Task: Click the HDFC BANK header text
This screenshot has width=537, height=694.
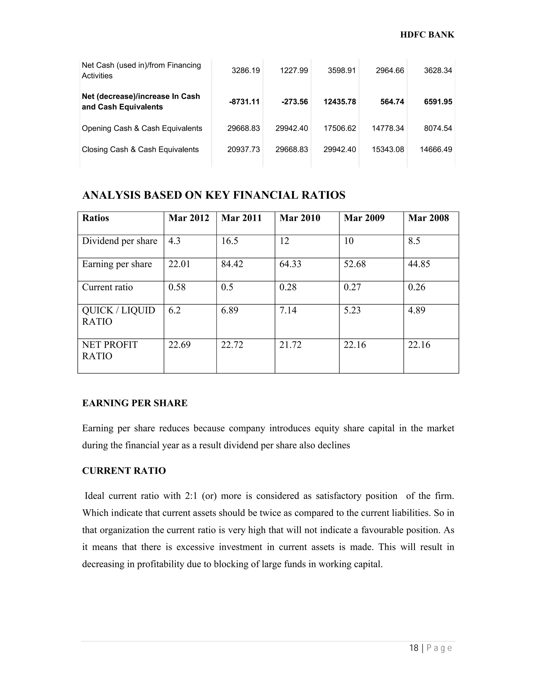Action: click(x=427, y=35)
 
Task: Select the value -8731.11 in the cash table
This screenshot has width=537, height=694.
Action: click(x=244, y=102)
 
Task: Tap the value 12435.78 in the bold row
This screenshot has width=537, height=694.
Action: click(x=340, y=102)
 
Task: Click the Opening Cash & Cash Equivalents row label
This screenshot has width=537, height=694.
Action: click(x=142, y=128)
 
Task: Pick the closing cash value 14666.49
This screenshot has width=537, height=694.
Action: click(x=436, y=149)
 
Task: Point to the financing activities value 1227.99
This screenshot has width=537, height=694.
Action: click(x=294, y=70)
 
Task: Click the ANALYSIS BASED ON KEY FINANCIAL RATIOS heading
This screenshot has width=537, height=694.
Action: click(x=213, y=195)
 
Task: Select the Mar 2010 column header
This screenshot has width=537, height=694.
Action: click(x=300, y=218)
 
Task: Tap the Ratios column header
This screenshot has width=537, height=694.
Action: click(x=95, y=218)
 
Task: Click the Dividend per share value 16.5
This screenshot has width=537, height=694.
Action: click(x=229, y=241)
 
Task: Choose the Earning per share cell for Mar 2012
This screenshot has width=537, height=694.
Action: click(x=179, y=264)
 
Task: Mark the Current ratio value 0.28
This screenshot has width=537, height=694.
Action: click(x=288, y=287)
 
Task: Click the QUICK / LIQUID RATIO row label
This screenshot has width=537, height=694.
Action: click(x=118, y=316)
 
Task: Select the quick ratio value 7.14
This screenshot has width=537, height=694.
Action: click(x=288, y=310)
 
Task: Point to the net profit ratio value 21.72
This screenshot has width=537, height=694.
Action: click(x=290, y=345)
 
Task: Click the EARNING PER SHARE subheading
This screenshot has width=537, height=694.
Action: click(x=135, y=403)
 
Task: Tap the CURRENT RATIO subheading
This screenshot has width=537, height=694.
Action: click(x=124, y=471)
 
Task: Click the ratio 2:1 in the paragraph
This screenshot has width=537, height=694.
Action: click(x=191, y=496)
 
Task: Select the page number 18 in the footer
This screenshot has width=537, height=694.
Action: click(x=414, y=648)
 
